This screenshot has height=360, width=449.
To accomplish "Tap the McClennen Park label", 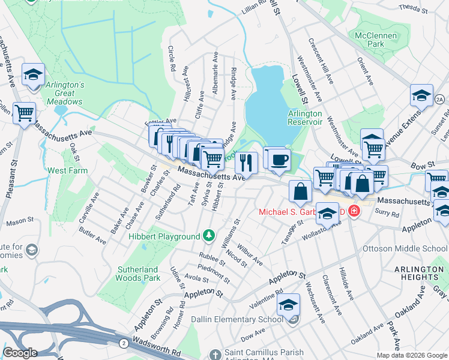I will click(x=376, y=40).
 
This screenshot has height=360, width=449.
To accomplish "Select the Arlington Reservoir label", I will click(x=305, y=118).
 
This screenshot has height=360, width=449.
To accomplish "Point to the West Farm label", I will click(x=67, y=170).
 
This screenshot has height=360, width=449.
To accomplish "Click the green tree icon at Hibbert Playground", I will click(x=209, y=235).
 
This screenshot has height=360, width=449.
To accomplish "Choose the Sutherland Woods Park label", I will click(x=137, y=274).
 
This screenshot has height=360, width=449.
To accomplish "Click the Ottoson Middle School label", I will click(x=405, y=248).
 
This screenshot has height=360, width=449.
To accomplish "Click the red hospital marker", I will click(x=354, y=212).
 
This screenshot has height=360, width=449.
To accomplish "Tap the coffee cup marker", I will click(x=279, y=160).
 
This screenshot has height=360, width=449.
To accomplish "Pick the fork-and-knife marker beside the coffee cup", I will click(x=246, y=161).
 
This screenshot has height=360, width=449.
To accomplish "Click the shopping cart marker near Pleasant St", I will click(x=24, y=112).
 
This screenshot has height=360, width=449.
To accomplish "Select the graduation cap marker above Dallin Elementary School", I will click(x=288, y=304).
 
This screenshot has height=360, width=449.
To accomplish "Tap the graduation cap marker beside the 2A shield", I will click(x=421, y=95).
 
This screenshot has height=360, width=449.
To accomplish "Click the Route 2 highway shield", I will click(x=122, y=342).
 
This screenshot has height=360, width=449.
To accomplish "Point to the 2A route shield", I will click(x=440, y=99).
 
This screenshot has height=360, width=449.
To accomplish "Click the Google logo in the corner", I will click(x=20, y=352).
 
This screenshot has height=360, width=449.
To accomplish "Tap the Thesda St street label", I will click(x=412, y=8).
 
